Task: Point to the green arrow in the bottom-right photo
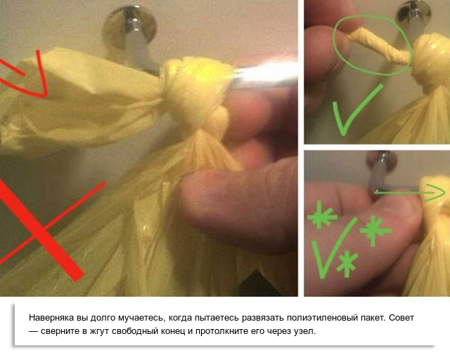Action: [x=411, y=193]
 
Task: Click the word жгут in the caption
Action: [x=99, y=331]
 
